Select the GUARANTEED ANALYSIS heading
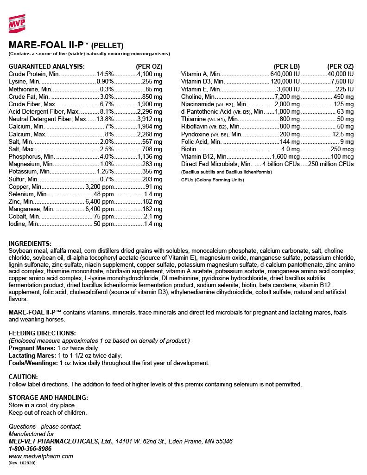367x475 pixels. [46, 66]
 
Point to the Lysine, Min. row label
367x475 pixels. [24, 81]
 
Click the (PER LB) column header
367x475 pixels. [287, 66]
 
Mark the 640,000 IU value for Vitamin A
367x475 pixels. [285, 74]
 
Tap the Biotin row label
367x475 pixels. [189, 149]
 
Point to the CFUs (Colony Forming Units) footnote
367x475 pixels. [212, 180]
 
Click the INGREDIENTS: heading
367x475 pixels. [30, 244]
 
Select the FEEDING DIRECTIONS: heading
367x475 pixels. [42, 333]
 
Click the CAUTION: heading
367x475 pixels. [23, 377]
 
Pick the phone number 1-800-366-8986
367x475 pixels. [30, 449]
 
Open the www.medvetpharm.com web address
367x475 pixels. [41, 456]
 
